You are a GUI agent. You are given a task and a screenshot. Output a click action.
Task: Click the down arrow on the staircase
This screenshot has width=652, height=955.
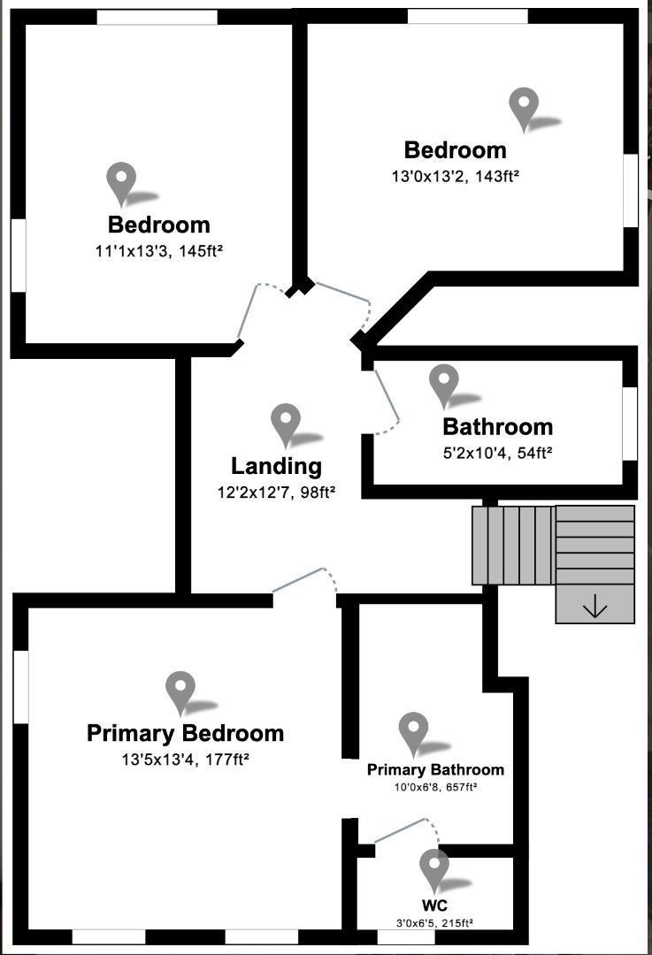click(594, 606)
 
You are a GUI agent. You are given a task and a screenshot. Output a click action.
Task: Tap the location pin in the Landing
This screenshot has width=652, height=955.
click(286, 424)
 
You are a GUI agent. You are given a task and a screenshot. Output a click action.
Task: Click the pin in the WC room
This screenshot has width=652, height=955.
click(433, 869)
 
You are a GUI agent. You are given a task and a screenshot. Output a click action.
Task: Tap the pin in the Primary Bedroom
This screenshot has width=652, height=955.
click(180, 691)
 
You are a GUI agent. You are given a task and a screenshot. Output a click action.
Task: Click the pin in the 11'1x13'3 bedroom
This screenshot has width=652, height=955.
click(121, 183)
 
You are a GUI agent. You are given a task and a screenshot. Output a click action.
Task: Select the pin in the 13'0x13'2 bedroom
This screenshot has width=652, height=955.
click(524, 108)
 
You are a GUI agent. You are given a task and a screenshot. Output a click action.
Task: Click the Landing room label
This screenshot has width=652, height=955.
click(276, 466)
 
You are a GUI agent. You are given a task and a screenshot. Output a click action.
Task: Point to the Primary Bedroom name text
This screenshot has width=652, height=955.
click(185, 733)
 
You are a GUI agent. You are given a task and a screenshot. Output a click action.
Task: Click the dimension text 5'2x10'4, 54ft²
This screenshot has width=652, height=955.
click(497, 453)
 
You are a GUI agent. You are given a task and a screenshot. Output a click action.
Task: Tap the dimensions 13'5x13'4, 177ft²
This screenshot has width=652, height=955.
click(185, 759)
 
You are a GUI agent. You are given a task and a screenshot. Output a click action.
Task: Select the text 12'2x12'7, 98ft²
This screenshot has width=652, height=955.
click(276, 492)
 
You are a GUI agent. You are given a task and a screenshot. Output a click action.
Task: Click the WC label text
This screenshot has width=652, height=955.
click(433, 906)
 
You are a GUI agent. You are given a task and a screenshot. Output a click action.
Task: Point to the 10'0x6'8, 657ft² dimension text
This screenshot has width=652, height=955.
click(435, 787)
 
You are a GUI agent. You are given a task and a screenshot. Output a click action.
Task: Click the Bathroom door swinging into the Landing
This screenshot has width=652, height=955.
click(387, 402)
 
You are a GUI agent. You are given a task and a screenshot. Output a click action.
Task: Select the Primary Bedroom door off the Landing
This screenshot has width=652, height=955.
click(304, 581)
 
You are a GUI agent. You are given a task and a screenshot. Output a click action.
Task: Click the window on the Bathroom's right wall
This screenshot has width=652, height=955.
click(630, 423)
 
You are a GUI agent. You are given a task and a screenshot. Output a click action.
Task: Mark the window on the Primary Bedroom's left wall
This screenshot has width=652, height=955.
click(19, 687)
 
